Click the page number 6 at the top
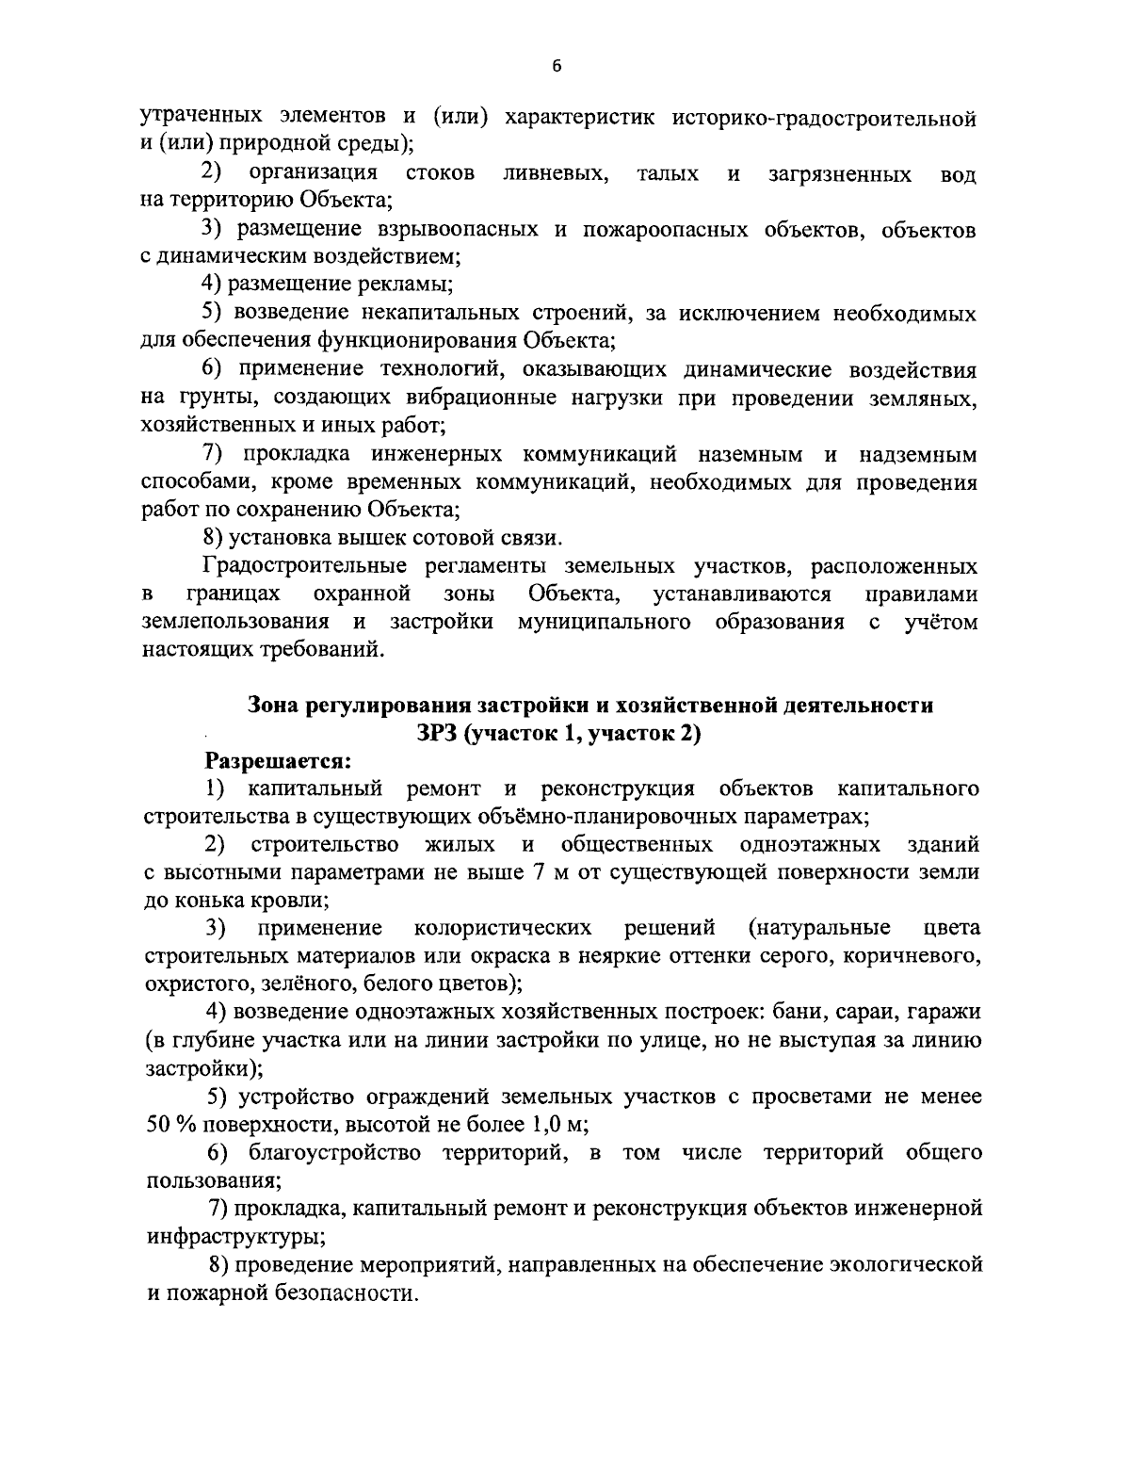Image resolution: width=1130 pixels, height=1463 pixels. pyautogui.click(x=557, y=65)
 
